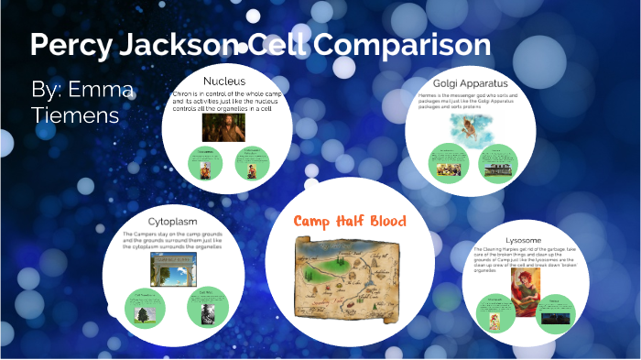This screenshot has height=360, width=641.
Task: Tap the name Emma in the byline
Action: [108, 92]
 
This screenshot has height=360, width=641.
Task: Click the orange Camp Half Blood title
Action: [350, 222]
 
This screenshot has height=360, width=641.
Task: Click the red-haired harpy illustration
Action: [526, 290]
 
